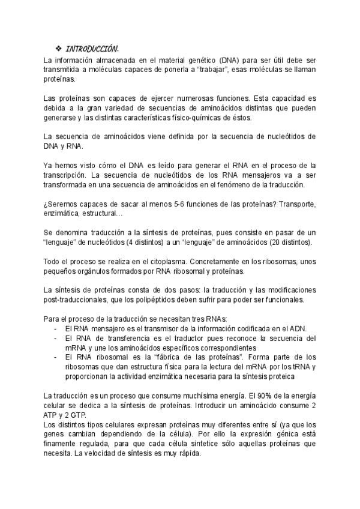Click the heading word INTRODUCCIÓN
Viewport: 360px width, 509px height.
coord(92,48)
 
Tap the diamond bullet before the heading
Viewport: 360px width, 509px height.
coord(58,48)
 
